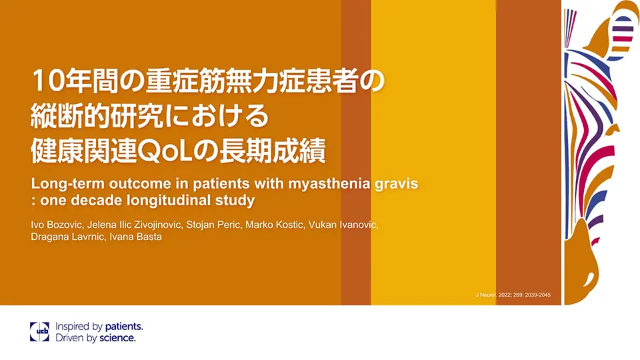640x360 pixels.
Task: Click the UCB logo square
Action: pos(39,332)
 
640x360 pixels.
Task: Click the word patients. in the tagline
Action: pos(123,327)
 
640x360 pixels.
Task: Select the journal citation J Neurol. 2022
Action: pos(513,295)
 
